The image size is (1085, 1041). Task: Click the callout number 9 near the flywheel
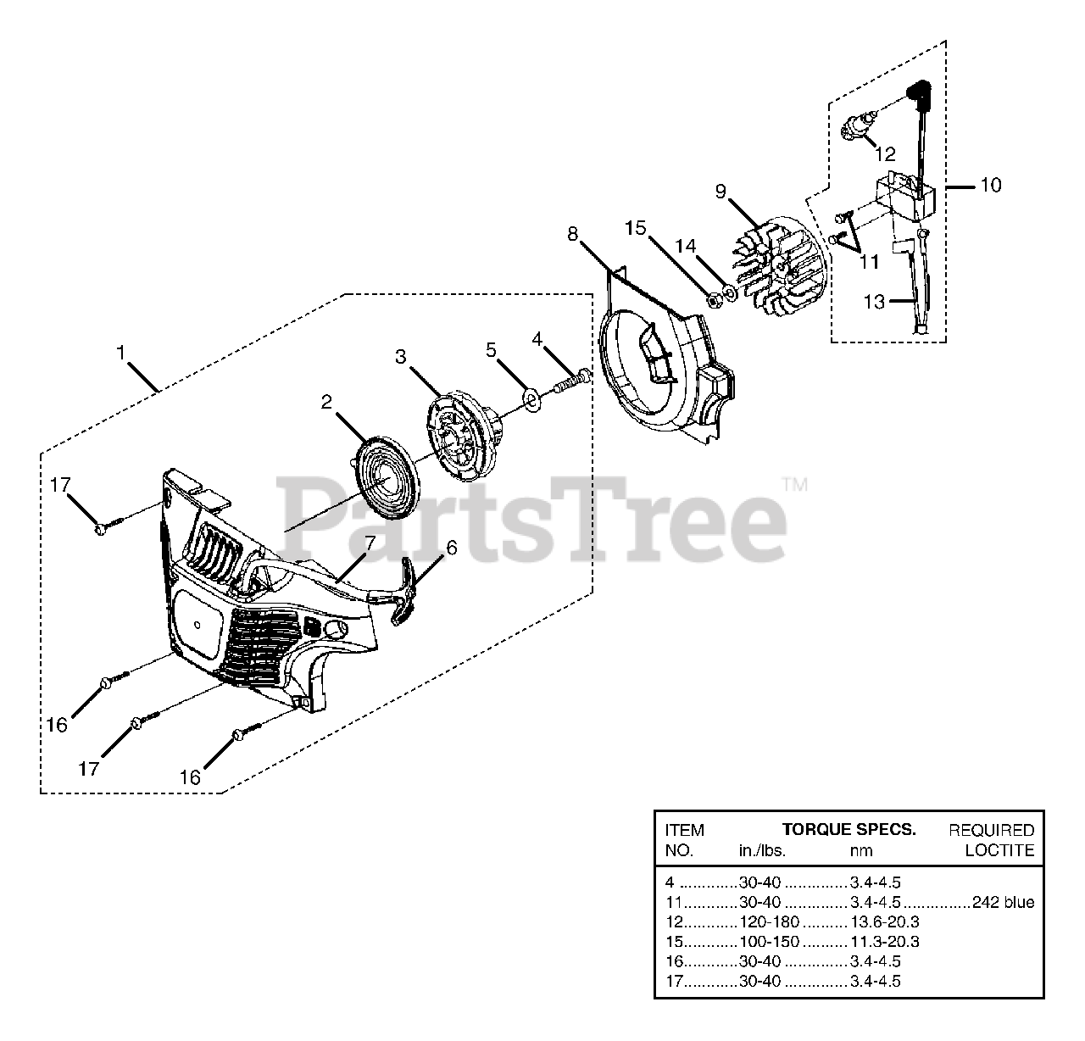(721, 191)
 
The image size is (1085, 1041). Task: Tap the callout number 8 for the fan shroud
(573, 233)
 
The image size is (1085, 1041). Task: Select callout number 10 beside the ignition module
(990, 185)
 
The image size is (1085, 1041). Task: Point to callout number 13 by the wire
(874, 301)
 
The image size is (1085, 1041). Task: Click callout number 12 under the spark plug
(885, 154)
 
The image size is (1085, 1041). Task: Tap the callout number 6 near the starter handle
(451, 548)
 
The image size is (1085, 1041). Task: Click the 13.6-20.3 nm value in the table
(884, 922)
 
